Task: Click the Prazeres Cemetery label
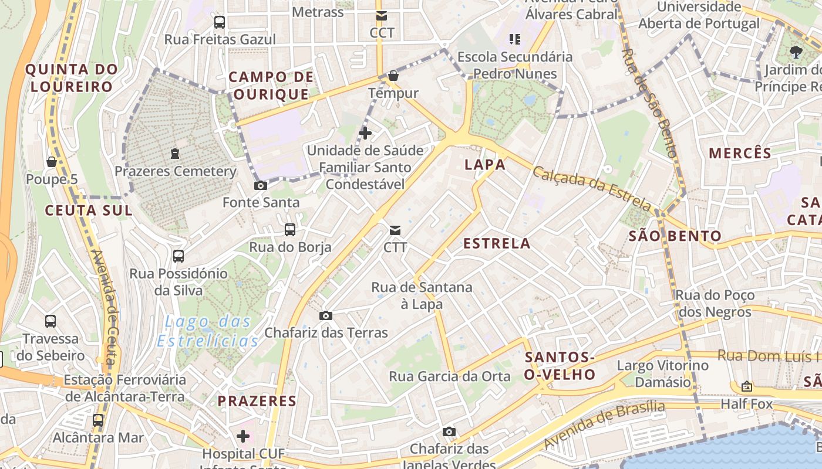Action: [175, 172]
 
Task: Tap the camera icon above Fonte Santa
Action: [261, 186]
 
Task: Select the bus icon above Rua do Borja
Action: [290, 229]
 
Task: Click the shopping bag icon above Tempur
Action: [393, 76]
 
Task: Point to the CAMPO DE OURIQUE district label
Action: [271, 86]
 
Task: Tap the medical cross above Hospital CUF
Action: [243, 436]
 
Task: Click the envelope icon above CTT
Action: [395, 230]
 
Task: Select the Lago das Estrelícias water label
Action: [208, 331]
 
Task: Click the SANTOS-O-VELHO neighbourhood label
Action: [560, 366]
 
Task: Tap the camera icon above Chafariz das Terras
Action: [326, 316]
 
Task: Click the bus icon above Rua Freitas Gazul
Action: [220, 23]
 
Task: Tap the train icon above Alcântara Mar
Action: [98, 420]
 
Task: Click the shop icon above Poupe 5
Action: [52, 162]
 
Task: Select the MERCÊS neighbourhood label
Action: [740, 154]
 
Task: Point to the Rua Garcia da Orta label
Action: [450, 376]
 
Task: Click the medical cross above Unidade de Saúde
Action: [365, 133]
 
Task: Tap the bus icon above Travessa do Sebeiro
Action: [50, 321]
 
